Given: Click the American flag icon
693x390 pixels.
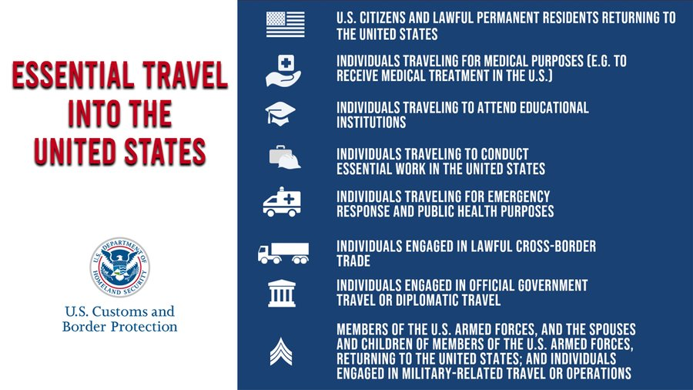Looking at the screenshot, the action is click(285, 25).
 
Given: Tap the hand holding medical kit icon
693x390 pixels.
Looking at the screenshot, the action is click(283, 71).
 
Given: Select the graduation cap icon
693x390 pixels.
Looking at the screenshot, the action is click(280, 114).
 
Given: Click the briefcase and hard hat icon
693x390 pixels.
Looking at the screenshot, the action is click(285, 157).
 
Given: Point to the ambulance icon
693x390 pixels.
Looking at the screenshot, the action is click(282, 202).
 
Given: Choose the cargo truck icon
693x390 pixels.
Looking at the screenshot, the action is click(283, 254).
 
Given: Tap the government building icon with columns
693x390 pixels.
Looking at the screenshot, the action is click(282, 293).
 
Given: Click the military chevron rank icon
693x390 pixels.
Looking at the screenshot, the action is click(281, 352).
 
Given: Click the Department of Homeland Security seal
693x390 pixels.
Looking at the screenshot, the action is click(120, 267).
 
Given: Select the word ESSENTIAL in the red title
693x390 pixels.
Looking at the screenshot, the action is click(73, 75).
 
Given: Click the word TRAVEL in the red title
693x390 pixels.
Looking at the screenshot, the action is click(185, 75).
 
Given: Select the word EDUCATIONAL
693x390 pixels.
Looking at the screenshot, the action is click(554, 107).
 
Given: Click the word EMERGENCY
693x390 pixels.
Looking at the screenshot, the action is click(519, 197).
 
